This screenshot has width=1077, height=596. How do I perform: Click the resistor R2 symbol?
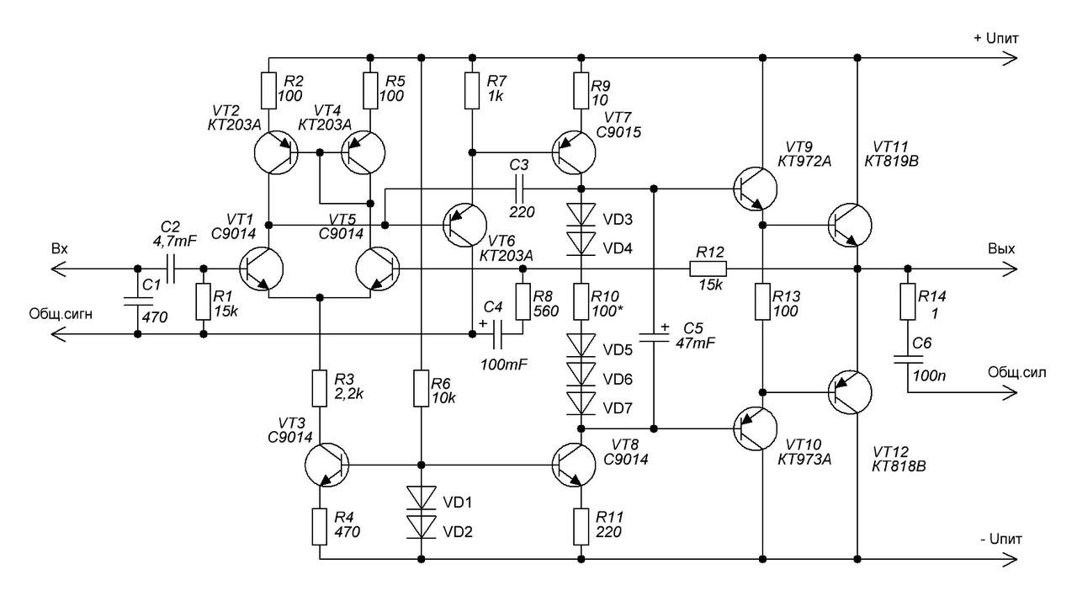click(268, 90)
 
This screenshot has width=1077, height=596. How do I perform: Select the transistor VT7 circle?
click(574, 153)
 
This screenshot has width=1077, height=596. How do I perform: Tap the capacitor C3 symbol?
click(519, 189)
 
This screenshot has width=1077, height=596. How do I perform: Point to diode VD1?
click(422, 497)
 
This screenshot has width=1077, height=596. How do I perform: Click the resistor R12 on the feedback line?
click(708, 269)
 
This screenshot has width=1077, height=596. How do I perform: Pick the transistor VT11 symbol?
click(850, 225)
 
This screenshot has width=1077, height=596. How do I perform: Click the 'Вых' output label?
click(1001, 248)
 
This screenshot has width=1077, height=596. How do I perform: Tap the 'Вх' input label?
click(60, 248)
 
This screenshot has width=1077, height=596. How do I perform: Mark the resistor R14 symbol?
click(908, 301)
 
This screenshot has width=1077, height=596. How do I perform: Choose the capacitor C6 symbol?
click(908, 359)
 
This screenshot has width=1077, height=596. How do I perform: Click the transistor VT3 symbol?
click(327, 466)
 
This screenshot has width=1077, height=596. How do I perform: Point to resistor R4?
click(320, 527)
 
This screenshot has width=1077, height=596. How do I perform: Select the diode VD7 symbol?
click(581, 403)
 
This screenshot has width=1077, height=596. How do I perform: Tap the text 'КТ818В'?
click(899, 466)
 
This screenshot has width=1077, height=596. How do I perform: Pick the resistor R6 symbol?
click(422, 388)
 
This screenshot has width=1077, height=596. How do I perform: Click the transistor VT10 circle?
click(756, 428)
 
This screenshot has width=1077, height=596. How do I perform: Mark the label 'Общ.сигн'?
click(61, 315)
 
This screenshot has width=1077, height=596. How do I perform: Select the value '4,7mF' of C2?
click(174, 241)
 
